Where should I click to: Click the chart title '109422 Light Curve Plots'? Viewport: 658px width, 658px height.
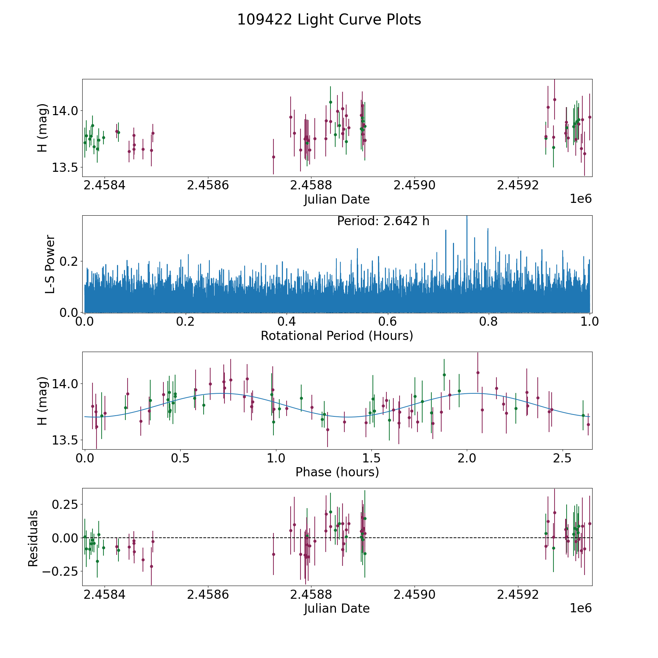pyautogui.click(x=329, y=20)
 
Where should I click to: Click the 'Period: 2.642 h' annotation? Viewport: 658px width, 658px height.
pyautogui.click(x=383, y=221)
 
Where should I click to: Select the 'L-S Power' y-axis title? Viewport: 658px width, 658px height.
pyautogui.click(x=50, y=264)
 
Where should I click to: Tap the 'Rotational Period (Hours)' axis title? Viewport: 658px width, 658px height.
pyautogui.click(x=337, y=336)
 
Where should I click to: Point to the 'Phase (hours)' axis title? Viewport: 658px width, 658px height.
pyautogui.click(x=337, y=472)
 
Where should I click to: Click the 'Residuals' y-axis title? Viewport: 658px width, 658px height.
pyautogui.click(x=33, y=538)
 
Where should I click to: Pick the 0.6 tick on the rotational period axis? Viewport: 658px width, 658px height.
pyautogui.click(x=387, y=322)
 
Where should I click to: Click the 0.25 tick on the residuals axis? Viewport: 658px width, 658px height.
pyautogui.click(x=65, y=504)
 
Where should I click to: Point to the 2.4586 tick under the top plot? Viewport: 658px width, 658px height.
pyautogui.click(x=208, y=185)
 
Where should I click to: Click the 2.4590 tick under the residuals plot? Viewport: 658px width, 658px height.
pyautogui.click(x=414, y=595)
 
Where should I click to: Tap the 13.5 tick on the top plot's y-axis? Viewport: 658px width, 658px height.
pyautogui.click(x=65, y=168)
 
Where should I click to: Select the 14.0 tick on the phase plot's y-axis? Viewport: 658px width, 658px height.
pyautogui.click(x=65, y=384)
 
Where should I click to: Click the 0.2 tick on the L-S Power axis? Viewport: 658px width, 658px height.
pyautogui.click(x=70, y=261)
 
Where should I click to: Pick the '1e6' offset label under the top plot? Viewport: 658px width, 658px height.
pyautogui.click(x=581, y=199)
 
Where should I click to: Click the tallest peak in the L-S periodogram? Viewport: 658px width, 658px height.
pyautogui.click(x=466, y=218)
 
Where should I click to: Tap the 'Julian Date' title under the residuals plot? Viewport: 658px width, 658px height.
pyautogui.click(x=337, y=608)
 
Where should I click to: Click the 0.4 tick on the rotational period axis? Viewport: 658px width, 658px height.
pyautogui.click(x=287, y=322)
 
